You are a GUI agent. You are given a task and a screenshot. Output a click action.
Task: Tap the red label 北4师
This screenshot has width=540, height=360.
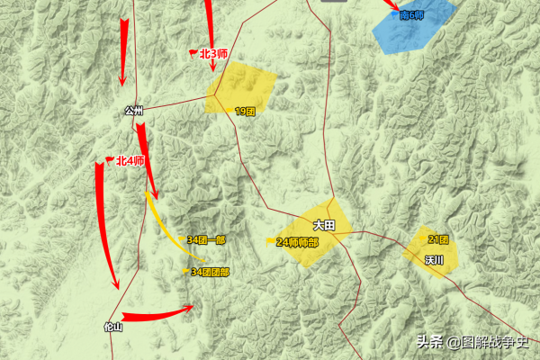pyautogui.click(x=130, y=160)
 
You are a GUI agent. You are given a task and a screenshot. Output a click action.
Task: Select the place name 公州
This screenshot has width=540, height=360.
pyautogui.click(x=134, y=112)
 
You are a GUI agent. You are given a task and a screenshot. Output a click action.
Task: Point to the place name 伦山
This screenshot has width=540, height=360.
pyautogui.click(x=112, y=328)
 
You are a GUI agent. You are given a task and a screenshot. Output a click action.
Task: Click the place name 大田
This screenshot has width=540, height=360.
pyautogui.click(x=324, y=226)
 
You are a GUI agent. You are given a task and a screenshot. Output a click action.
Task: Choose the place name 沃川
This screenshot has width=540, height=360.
pyautogui.click(x=436, y=259)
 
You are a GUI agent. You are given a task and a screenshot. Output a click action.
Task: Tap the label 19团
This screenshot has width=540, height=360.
pyautogui.click(x=246, y=111)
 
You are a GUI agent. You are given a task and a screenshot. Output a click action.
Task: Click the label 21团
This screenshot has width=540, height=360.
pyautogui.click(x=438, y=239)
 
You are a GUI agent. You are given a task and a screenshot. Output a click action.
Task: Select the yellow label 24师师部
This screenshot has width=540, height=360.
pyautogui.click(x=297, y=241)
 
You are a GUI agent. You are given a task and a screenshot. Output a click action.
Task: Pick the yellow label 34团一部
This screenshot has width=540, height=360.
pyautogui.click(x=206, y=240)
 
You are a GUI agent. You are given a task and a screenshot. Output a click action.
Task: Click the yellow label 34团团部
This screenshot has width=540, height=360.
pyautogui.click(x=210, y=271)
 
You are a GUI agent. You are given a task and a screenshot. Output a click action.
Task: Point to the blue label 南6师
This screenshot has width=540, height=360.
pyautogui.click(x=411, y=15)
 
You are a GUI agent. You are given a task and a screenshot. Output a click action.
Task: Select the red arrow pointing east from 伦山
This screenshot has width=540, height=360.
pyautogui.click(x=157, y=316)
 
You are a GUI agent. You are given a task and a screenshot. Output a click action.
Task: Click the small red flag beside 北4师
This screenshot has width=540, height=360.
pyautogui.click(x=110, y=160)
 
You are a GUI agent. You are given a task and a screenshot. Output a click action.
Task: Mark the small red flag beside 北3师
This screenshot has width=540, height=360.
pyautogui.click(x=193, y=53)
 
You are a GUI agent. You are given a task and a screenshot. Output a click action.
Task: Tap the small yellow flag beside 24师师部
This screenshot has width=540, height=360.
pyautogui.click(x=270, y=240)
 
